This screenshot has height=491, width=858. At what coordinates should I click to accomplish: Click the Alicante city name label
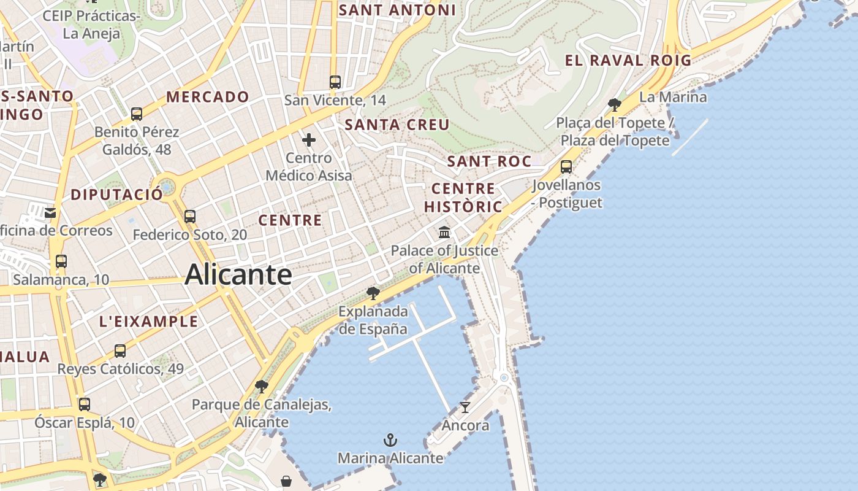238,274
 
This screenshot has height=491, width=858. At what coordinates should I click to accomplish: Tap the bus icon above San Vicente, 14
335,82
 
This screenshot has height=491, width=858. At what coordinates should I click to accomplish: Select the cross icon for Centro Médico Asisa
309,140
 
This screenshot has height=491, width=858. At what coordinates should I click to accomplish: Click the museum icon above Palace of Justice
444,233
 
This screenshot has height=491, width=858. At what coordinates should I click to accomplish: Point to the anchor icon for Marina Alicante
390,440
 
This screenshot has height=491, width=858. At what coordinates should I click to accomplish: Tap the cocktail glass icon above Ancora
465,407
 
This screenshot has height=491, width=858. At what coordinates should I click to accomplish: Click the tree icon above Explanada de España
373,293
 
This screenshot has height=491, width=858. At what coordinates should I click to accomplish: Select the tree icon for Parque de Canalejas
262,386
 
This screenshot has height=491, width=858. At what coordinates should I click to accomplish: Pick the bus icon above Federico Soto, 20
190,216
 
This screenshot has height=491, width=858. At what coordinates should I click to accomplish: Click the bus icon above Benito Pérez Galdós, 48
137,114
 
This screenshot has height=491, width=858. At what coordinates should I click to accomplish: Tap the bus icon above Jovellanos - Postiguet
566,166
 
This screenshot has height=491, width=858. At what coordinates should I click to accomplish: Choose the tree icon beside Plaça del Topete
614,104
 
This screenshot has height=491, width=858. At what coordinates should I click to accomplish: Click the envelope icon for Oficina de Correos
50,212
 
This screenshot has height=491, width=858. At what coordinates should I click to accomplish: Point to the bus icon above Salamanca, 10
61,261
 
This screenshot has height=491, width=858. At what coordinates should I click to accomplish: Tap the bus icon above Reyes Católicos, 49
120,351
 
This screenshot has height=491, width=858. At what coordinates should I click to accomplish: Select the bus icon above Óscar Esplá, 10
85,404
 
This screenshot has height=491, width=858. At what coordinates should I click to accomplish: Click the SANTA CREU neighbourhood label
397,125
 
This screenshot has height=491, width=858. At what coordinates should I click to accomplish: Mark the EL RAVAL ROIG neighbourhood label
628,60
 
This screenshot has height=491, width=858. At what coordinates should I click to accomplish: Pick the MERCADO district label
208,97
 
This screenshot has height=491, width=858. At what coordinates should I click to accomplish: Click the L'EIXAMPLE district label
149,321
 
